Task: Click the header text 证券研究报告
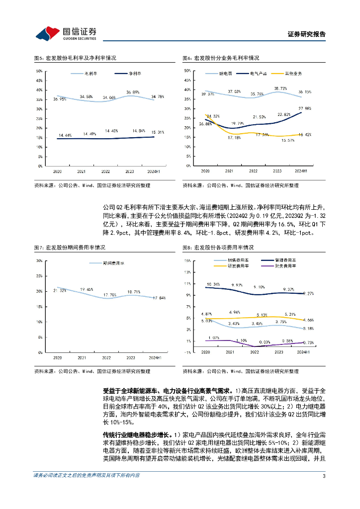click(307, 34)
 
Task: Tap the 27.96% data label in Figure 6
click(304, 108)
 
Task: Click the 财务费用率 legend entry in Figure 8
click(284, 265)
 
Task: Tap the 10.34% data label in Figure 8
click(213, 284)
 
